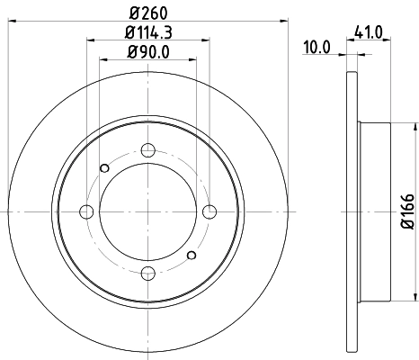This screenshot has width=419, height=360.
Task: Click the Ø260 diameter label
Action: (x=149, y=13)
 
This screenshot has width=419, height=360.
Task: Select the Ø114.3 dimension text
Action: (x=149, y=32)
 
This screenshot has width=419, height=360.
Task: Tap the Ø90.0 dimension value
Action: (x=149, y=51)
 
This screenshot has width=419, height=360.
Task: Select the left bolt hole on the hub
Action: (x=87, y=211)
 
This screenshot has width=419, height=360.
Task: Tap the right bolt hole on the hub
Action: (x=210, y=211)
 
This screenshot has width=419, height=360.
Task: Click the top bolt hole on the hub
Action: (x=149, y=150)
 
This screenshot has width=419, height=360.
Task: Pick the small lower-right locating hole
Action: (x=192, y=256)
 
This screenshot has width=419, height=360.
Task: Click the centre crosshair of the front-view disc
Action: (x=149, y=211)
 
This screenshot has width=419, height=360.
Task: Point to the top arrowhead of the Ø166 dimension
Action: (x=415, y=122)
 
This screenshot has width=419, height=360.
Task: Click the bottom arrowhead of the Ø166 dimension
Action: (x=415, y=301)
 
